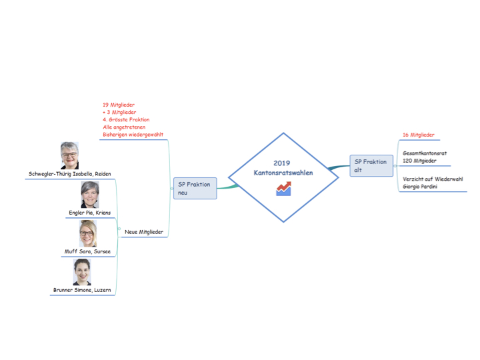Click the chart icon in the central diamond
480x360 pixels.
coord(283,189)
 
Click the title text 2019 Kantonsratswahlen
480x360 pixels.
coord(283,168)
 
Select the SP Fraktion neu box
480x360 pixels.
coord(195,188)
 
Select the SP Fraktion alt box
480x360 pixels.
coord(371,165)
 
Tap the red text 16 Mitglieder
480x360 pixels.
coord(419,135)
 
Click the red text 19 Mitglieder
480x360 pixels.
coord(119,105)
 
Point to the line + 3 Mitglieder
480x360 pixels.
coord(119,113)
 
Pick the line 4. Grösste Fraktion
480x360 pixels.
coord(126,120)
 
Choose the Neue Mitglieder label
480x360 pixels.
coord(144,232)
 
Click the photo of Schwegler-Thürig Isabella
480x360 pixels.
coord(69,155)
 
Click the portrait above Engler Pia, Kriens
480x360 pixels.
coord(89,195)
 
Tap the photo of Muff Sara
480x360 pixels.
coord(87,233)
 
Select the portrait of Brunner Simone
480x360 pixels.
coord(82,272)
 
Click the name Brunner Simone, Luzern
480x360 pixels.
coord(83,290)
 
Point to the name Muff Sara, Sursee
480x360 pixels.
coord(87,251)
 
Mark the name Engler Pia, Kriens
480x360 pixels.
coord(89,213)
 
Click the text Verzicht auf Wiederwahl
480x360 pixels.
coord(433,179)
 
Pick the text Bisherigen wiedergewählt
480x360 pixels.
coord(133,135)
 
